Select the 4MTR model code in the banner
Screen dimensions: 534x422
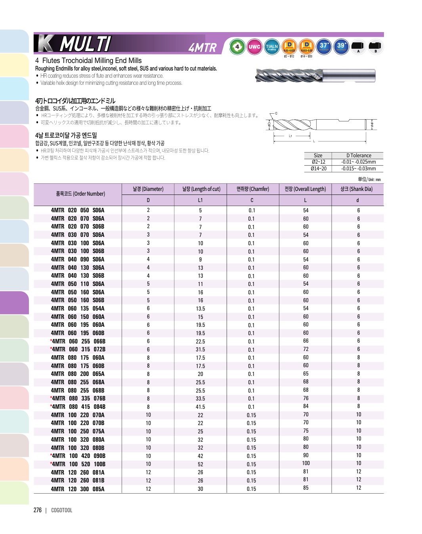(x=202, y=48)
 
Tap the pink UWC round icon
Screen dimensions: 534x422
(x=254, y=47)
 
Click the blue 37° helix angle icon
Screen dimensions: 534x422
(x=324, y=46)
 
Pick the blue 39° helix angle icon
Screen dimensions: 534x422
(x=341, y=46)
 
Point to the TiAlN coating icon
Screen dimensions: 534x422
(x=271, y=47)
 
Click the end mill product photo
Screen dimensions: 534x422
(x=315, y=75)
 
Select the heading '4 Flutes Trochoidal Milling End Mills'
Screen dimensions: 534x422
(x=88, y=61)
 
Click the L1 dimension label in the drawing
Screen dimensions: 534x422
(x=290, y=136)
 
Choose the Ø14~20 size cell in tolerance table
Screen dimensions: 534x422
(x=318, y=169)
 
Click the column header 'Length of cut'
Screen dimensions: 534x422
(x=201, y=189)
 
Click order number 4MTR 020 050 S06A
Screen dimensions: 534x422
(x=78, y=210)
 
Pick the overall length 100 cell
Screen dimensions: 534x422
(x=306, y=463)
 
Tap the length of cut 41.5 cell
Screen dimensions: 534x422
(x=200, y=407)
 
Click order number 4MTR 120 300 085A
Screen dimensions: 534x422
(x=78, y=489)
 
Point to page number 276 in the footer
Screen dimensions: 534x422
(x=38, y=510)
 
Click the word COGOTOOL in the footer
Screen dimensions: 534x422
(x=62, y=510)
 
